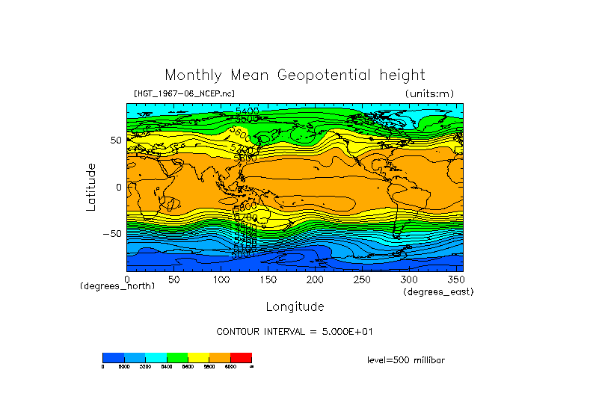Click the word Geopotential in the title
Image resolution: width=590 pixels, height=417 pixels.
coord(326,75)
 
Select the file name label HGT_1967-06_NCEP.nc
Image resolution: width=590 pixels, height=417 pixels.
coord(183,93)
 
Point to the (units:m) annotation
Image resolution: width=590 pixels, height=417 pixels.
coord(428,93)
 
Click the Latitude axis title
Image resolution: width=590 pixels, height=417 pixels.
coord(91,187)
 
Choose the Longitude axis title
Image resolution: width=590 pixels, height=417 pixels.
coord(295,306)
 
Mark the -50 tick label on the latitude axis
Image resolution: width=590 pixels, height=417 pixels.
coord(110,233)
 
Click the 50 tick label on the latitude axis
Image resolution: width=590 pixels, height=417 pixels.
coord(115,140)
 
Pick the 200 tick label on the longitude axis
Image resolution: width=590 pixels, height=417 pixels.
coord(315,279)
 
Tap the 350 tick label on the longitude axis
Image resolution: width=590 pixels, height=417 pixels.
coord(455,279)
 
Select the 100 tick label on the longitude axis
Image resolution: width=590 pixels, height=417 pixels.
coord(221,279)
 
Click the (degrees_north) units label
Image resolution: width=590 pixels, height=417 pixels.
coord(117,286)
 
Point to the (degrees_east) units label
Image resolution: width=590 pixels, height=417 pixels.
coord(438,292)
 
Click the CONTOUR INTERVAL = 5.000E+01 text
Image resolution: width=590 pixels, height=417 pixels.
coord(294,331)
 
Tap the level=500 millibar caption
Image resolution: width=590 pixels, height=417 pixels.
coord(406,360)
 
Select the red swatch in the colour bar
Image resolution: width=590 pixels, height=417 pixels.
coord(241,357)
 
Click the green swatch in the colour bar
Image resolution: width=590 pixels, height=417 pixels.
coord(177,357)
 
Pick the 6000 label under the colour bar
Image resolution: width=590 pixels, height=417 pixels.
coord(230,367)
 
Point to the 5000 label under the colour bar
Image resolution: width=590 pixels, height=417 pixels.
coord(124,367)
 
